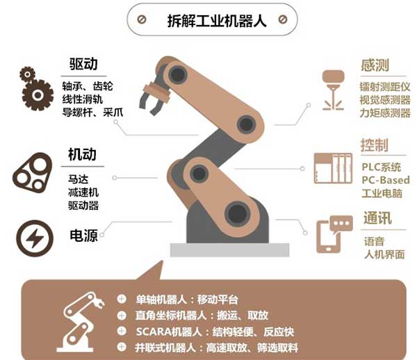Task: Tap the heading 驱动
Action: click(83, 65)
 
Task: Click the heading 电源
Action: click(82, 235)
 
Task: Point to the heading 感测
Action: click(375, 66)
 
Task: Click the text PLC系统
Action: click(382, 167)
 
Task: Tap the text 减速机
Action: click(83, 192)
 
